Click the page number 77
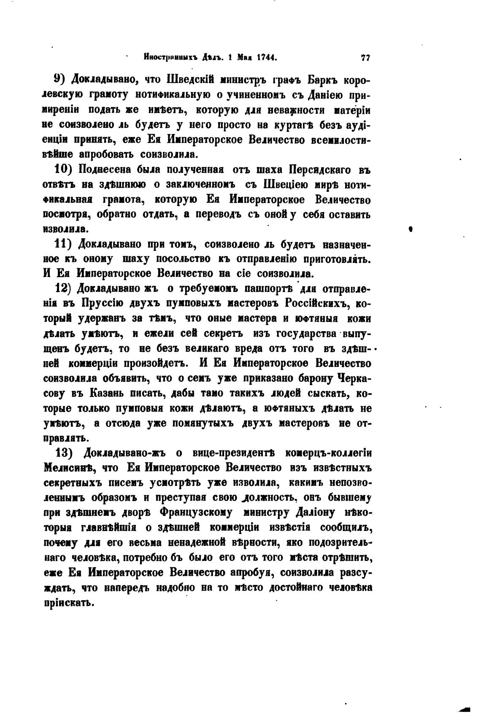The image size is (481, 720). [365, 58]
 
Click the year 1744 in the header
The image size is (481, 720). [265, 57]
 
